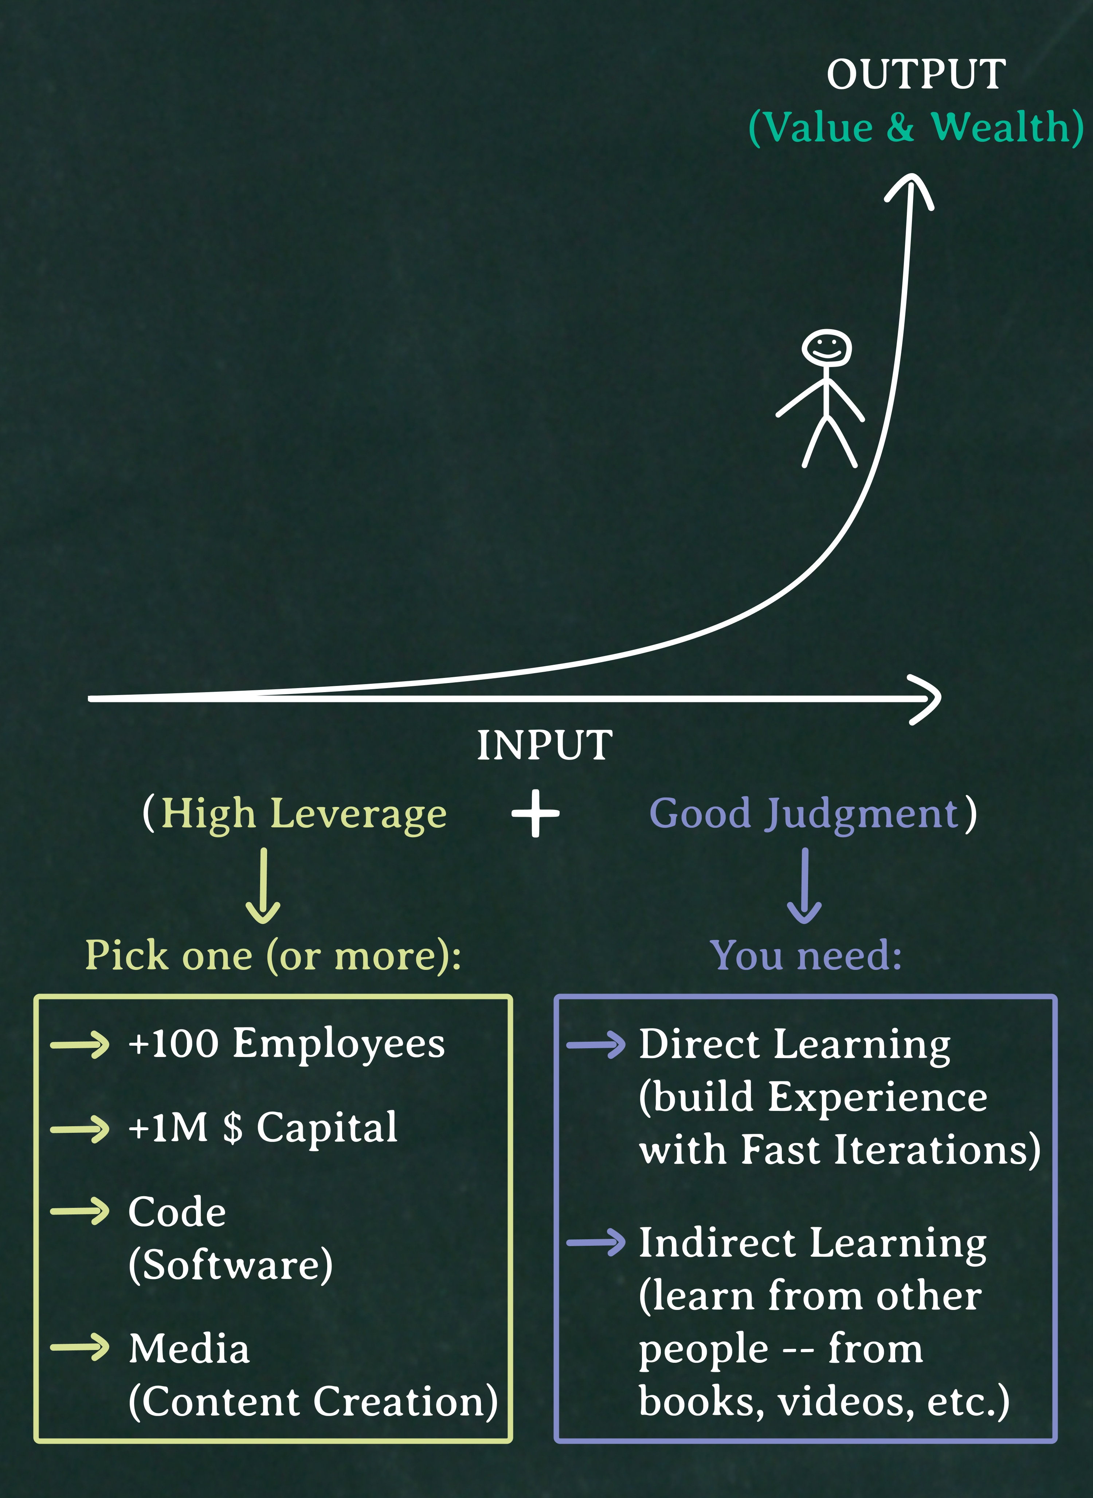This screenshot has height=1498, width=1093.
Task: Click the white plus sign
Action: pos(535,814)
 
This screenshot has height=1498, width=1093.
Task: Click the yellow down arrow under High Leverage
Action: pos(263,886)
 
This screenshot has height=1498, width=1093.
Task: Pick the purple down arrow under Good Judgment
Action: pos(804,886)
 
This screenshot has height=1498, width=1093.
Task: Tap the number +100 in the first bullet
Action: pos(173,1044)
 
